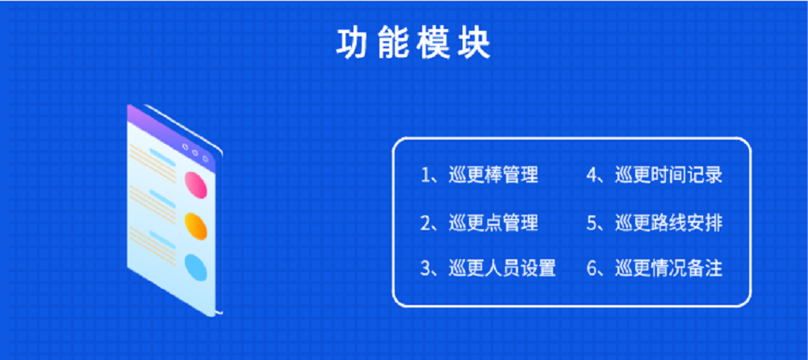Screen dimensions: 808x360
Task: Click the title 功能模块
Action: tap(413, 44)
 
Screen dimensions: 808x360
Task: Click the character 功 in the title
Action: tap(352, 44)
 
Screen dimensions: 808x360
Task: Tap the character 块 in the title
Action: tap(475, 44)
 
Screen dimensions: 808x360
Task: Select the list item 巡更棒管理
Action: tap(494, 175)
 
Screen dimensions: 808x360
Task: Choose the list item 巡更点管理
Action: tap(494, 223)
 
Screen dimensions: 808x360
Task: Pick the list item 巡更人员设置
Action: tap(502, 268)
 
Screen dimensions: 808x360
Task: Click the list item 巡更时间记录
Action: tap(669, 175)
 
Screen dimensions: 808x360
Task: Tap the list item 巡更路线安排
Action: tap(669, 223)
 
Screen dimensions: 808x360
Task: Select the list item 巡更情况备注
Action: tap(669, 268)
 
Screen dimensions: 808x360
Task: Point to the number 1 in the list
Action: tap(425, 175)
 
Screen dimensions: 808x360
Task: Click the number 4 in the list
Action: tap(592, 175)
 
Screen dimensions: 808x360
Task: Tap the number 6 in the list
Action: tap(592, 269)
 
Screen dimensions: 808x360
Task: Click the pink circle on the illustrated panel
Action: tap(196, 185)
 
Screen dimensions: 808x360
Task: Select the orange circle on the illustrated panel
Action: tap(196, 226)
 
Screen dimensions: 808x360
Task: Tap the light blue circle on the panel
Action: tap(196, 267)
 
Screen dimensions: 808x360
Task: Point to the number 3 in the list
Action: tap(425, 269)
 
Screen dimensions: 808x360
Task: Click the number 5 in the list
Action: tap(592, 223)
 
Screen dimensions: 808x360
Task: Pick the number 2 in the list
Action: tap(425, 223)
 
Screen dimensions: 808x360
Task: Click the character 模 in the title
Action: tap(434, 44)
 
